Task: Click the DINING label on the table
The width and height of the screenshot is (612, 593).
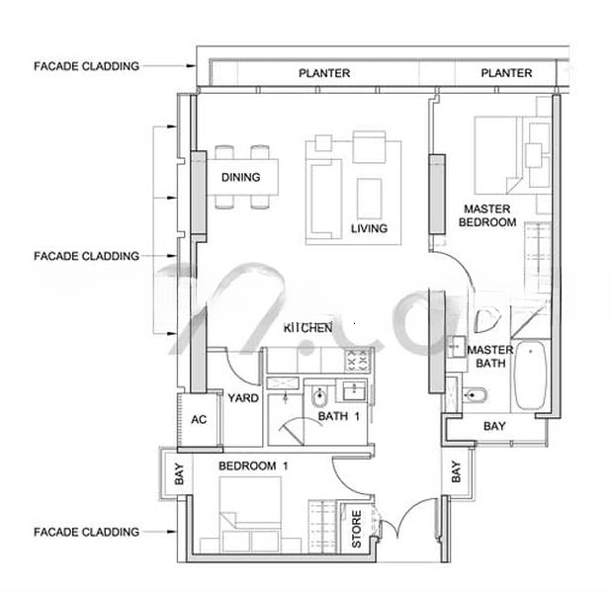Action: tap(240, 177)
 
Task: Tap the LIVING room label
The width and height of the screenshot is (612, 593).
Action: tap(369, 228)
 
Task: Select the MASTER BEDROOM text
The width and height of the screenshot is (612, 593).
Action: tap(487, 215)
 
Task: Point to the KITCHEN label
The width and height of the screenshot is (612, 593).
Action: tap(307, 328)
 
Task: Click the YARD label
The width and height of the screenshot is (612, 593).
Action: tap(243, 398)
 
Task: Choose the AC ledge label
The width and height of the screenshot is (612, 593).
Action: tap(199, 419)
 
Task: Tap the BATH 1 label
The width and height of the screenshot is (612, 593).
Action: tap(339, 416)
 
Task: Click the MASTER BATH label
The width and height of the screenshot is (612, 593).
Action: tap(490, 356)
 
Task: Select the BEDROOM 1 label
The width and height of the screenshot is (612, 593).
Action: tap(253, 466)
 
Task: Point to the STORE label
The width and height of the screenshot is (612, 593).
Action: tap(356, 529)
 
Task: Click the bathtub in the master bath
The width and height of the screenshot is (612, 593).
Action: tap(530, 376)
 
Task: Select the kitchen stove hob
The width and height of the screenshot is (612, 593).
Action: tap(357, 360)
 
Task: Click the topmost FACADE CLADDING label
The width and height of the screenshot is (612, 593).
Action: tap(86, 66)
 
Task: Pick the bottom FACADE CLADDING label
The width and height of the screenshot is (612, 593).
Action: tap(86, 532)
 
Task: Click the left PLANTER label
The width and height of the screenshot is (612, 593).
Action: tap(324, 73)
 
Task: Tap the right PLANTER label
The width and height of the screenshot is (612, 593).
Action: tap(506, 73)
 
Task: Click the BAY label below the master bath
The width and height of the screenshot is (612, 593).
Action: tap(494, 426)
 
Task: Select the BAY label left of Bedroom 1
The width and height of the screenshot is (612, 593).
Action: tap(179, 473)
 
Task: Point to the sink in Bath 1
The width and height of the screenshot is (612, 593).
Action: tap(354, 390)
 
